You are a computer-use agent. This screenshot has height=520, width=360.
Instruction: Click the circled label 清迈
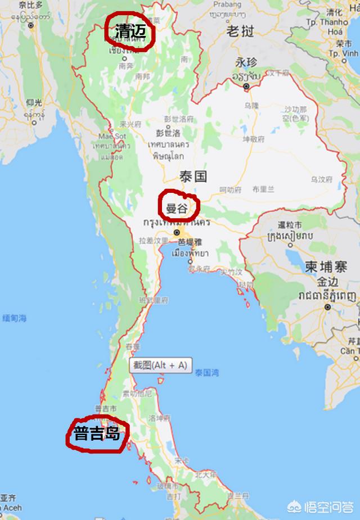[x=130, y=31]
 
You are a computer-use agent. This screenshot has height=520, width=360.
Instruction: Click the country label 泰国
[x=193, y=177]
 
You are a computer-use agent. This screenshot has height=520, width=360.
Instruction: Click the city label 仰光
[x=34, y=102]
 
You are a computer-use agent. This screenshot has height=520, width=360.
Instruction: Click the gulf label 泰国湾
[x=208, y=372]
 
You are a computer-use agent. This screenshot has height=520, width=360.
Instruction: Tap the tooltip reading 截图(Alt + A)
[x=160, y=365]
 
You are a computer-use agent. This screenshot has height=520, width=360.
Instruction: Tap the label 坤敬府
[x=253, y=139]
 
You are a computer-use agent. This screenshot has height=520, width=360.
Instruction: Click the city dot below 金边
[x=327, y=307]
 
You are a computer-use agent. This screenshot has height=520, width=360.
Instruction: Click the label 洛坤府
[x=159, y=418]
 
